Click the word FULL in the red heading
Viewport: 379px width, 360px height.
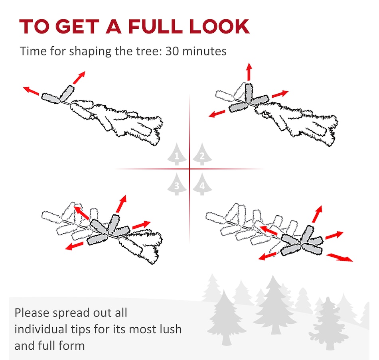pos(155,26)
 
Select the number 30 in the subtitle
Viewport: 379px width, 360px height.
pos(172,51)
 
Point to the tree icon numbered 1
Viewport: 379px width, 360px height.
pos(177,154)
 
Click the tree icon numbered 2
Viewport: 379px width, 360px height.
pos(202,154)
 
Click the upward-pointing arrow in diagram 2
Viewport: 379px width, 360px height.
pos(249,72)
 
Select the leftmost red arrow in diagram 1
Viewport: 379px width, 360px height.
pos(31,91)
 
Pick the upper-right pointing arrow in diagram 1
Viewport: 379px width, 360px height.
pos(79,77)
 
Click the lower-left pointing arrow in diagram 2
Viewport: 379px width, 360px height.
pos(217,114)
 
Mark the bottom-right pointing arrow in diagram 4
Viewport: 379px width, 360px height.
pos(340,257)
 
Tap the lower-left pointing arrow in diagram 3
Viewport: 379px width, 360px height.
pos(74,246)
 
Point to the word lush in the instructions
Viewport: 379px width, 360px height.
pos(171,329)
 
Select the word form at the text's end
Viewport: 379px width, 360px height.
pos(74,346)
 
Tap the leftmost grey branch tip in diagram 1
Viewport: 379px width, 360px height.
pos(51,98)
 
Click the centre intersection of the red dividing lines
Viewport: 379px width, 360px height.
pos(189,169)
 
